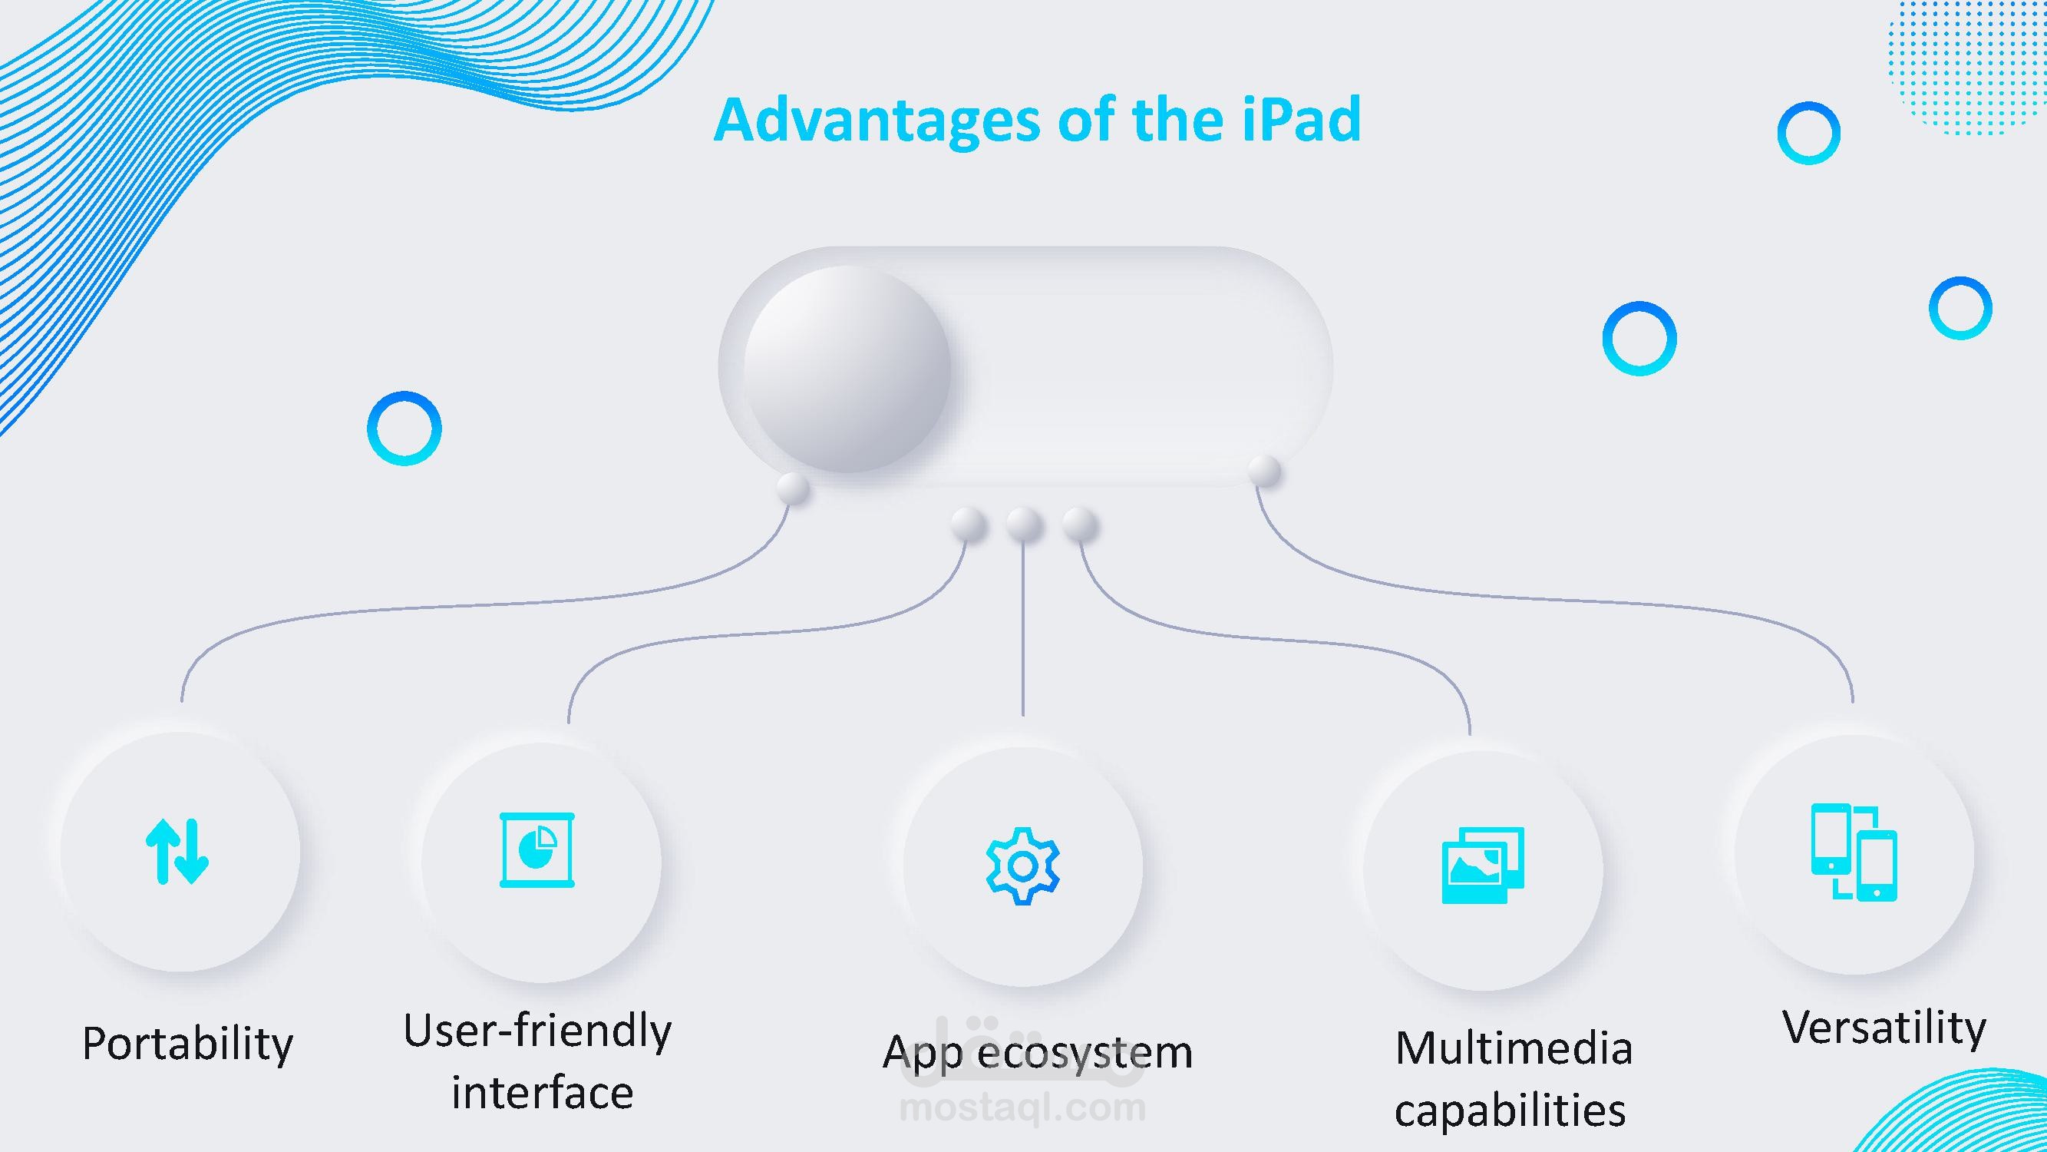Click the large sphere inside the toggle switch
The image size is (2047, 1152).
click(x=847, y=369)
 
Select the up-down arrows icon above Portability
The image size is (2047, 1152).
click(x=177, y=852)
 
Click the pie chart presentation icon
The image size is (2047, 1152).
click(x=537, y=850)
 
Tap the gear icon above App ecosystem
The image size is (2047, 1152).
click(x=1022, y=866)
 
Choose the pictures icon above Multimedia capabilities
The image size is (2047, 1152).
click(x=1483, y=865)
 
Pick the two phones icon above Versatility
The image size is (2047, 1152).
click(x=1854, y=852)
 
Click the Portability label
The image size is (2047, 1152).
click(x=187, y=1044)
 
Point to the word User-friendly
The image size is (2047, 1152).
click(x=537, y=1032)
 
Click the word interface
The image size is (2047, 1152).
click(x=543, y=1093)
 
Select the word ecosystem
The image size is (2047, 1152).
click(x=1085, y=1054)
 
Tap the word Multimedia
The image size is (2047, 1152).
click(x=1514, y=1048)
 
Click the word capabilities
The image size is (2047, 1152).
click(x=1510, y=1110)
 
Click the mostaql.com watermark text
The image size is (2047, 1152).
click(x=1022, y=1107)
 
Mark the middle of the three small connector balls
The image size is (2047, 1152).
click(x=1024, y=525)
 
